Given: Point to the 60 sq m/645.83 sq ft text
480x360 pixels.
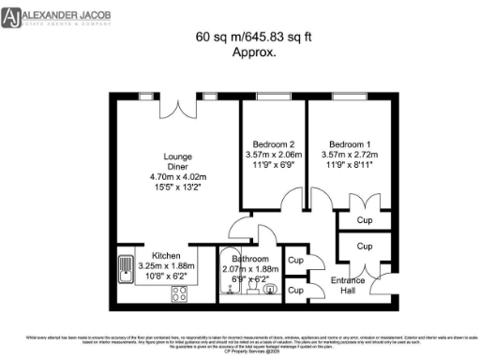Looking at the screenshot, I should click(239, 37).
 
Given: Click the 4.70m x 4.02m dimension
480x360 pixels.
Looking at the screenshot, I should click(177, 177).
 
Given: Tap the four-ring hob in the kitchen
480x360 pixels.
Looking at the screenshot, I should click(179, 293).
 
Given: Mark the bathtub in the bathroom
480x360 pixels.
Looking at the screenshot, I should click(228, 277).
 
